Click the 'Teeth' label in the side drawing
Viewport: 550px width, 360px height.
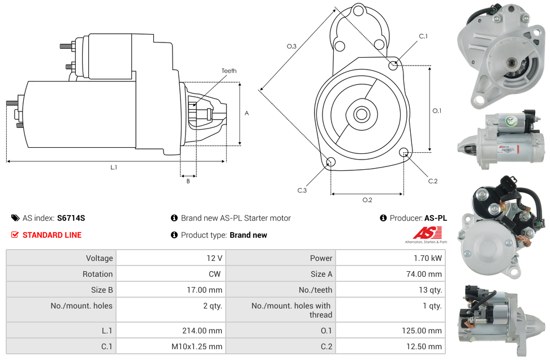229,71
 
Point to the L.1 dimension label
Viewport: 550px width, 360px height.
114,167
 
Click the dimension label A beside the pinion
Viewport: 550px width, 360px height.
247,113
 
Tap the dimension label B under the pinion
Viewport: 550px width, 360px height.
188,181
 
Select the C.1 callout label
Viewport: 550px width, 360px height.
423,36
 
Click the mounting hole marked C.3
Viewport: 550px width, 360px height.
331,163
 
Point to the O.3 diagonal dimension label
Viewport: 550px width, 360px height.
291,46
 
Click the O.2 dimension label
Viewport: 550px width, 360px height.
367,200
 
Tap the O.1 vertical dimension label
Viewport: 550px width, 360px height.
436,111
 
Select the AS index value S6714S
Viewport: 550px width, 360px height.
71,218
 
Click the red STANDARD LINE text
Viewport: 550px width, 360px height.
52,235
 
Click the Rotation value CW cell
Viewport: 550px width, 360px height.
170,274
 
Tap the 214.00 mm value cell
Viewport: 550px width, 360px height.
170,331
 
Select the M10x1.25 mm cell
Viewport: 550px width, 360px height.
170,346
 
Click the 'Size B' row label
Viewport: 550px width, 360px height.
61,290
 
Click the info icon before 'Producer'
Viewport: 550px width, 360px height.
383,218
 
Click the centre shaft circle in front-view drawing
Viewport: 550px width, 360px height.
361,114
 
